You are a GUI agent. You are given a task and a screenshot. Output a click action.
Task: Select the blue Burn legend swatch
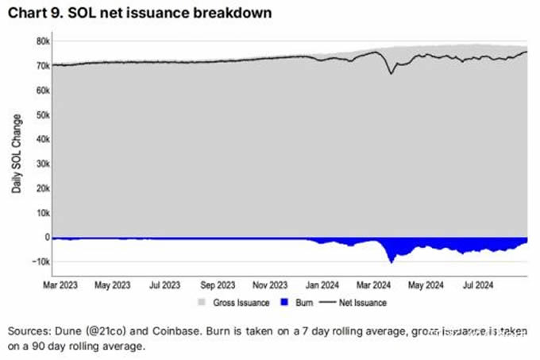coord(264,303)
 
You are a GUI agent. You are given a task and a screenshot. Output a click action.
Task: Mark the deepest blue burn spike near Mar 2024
coord(391,261)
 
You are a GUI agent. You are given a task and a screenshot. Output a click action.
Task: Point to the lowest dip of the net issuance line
coord(391,74)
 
